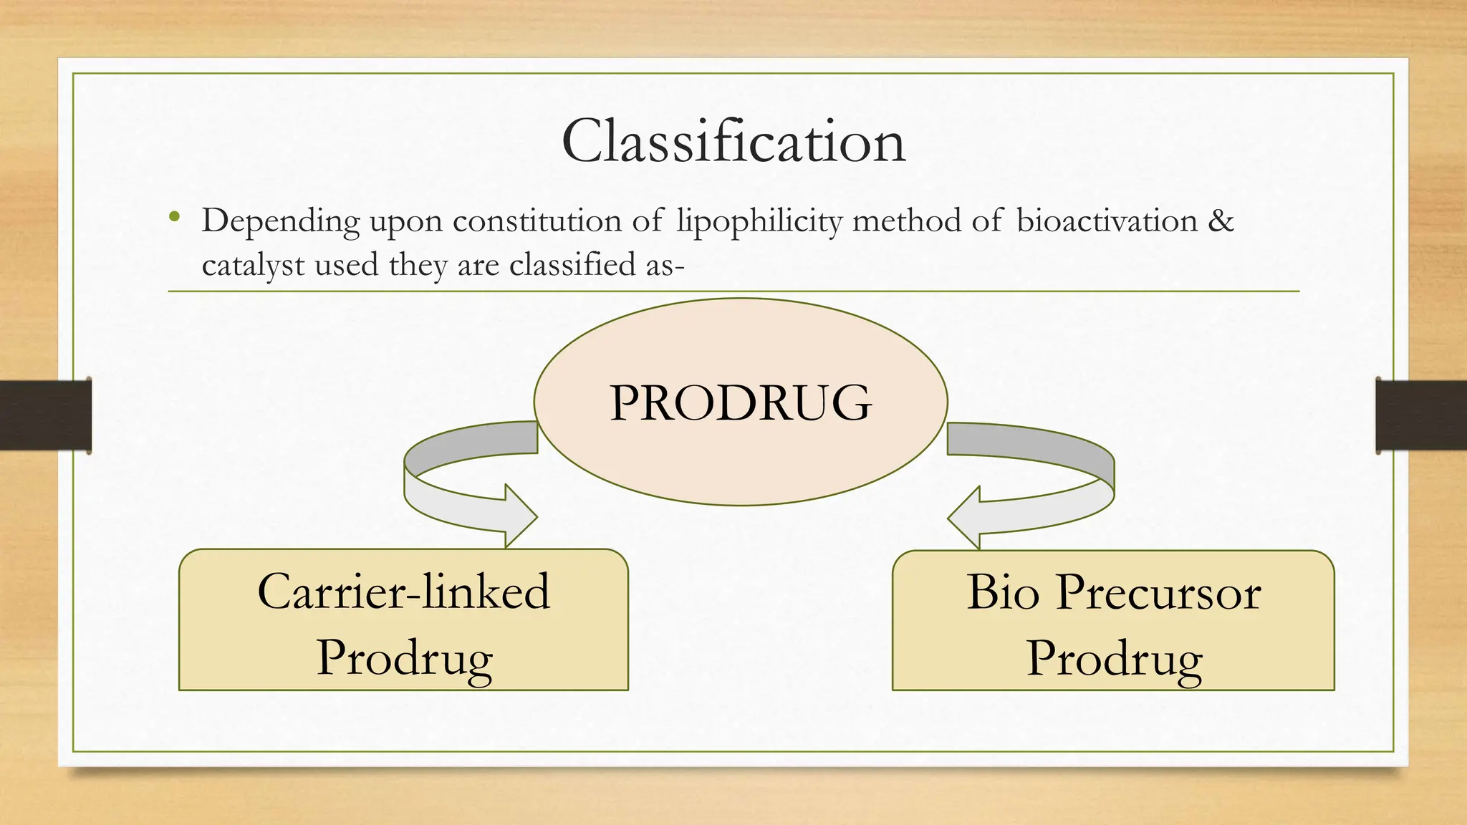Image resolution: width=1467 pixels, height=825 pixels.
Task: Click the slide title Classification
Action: coord(733,142)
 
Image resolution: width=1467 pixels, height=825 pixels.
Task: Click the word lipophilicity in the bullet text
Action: coord(759,221)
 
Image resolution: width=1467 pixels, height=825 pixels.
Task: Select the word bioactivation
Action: coord(1107,220)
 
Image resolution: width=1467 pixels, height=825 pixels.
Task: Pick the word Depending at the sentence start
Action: coord(280,221)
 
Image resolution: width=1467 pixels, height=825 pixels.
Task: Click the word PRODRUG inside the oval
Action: coord(741,402)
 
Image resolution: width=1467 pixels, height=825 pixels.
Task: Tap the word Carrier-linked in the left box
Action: coord(403,592)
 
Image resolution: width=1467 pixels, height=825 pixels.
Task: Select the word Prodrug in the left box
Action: coord(405,657)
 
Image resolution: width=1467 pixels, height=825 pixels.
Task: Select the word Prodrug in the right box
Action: coord(1114,657)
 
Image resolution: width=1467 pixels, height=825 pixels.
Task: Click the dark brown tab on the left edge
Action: coord(45,415)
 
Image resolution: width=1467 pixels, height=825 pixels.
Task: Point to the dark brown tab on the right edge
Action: coord(1421,415)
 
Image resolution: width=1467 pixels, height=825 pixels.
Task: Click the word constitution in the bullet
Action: coord(537,220)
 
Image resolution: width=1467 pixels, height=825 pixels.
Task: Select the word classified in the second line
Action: coord(572,265)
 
